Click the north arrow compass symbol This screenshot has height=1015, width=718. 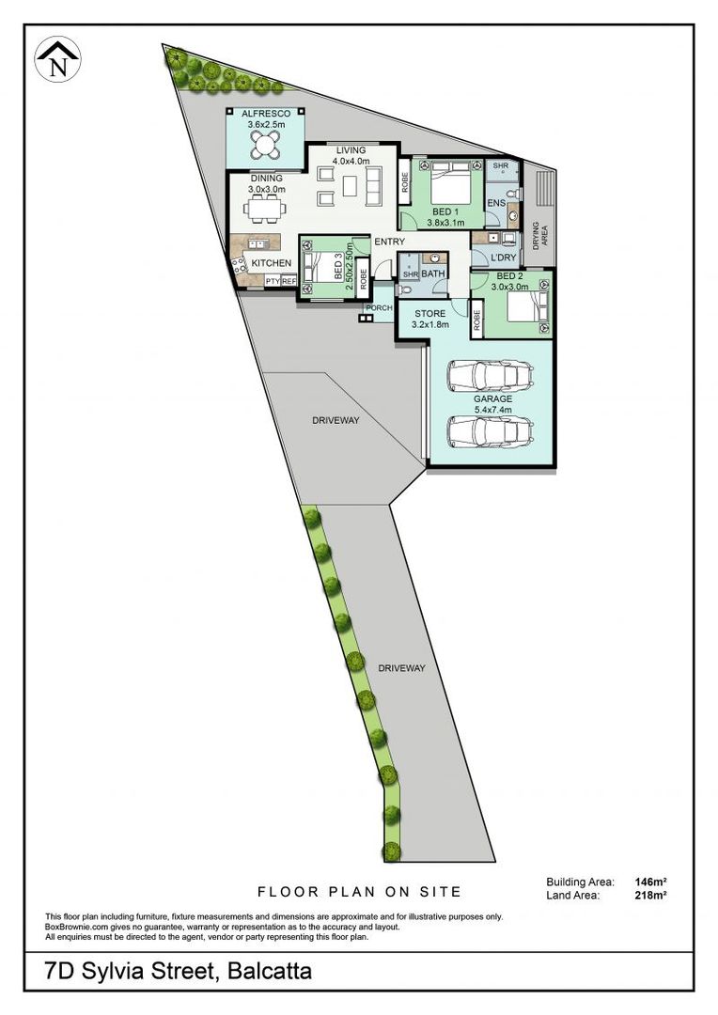tap(57, 59)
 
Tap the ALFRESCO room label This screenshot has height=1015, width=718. tap(266, 114)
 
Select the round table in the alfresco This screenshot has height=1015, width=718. tap(265, 145)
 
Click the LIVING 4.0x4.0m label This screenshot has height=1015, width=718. tap(351, 155)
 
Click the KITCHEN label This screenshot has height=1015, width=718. tap(272, 263)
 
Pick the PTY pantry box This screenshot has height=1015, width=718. tap(273, 281)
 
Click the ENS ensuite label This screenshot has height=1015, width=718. tap(496, 203)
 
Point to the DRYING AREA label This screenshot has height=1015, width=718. tap(539, 236)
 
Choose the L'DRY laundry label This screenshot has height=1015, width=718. tap(503, 257)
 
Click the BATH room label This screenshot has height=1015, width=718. tap(433, 273)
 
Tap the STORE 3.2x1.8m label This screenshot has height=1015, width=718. tap(429, 320)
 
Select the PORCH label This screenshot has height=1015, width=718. tap(380, 308)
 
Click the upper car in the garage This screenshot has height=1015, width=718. tap(491, 376)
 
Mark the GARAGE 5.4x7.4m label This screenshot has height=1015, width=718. tap(492, 404)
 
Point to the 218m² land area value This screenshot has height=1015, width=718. tap(650, 896)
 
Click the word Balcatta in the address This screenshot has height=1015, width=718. tap(270, 971)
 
